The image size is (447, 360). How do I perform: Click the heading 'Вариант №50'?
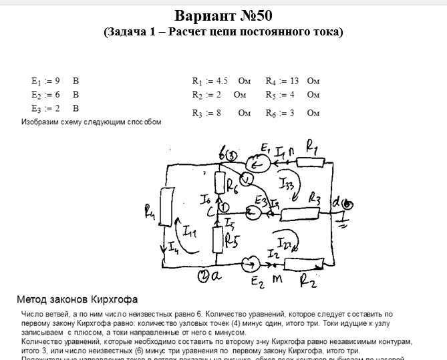point(223,15)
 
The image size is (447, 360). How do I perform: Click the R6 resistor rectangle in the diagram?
point(218,182)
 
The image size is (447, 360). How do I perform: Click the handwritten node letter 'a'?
point(216,276)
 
